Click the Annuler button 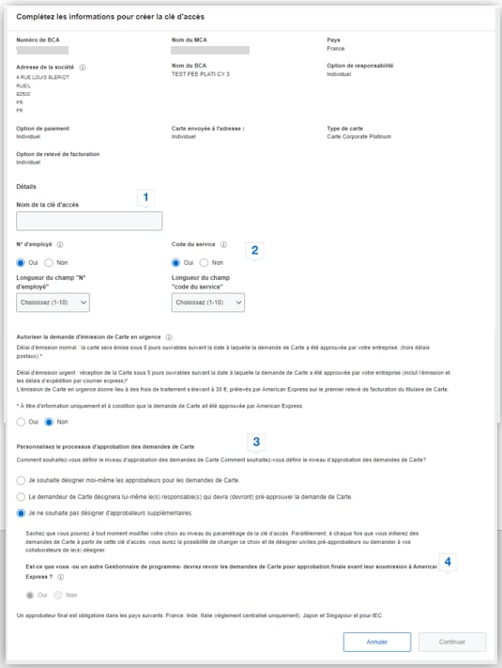(x=377, y=643)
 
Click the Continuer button (x=452, y=643)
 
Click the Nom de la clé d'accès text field (x=89, y=221)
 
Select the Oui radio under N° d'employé (x=23, y=263)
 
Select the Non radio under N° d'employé (x=50, y=263)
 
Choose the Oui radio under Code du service (x=177, y=263)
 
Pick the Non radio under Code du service (x=205, y=263)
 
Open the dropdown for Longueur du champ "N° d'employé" (x=53, y=303)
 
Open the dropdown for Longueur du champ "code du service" (x=208, y=303)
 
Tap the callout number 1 (x=145, y=197)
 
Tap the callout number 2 (x=254, y=250)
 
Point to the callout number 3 (x=256, y=440)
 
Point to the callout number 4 (x=449, y=562)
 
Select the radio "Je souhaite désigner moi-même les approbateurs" (x=23, y=480)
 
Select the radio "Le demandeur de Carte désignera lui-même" (x=23, y=496)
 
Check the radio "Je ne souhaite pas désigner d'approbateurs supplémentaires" (x=23, y=513)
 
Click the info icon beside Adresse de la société (x=83, y=68)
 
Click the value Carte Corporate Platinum (x=357, y=136)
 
